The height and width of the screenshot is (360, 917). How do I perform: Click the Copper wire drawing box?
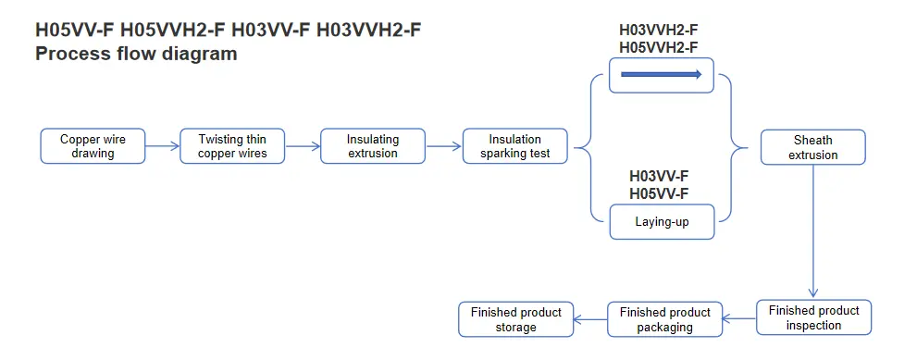point(93,146)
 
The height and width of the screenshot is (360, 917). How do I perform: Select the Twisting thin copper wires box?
point(232,146)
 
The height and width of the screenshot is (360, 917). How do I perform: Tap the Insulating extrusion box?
point(372,146)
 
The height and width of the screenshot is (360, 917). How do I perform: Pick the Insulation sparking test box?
point(515,146)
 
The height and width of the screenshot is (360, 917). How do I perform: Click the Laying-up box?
point(662,222)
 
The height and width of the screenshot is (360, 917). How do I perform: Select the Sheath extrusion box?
point(812,147)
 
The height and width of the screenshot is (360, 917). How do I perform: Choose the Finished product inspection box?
point(813,317)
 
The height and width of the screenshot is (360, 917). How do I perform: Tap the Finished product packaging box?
point(664,319)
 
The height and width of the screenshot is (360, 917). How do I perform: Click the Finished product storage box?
point(515,319)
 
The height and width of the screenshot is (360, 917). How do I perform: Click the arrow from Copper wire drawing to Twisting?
point(162,146)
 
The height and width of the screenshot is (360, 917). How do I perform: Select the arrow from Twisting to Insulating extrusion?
point(303,146)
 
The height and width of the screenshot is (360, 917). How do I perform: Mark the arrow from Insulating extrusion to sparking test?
point(444,146)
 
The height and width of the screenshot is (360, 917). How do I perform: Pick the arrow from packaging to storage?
point(589,319)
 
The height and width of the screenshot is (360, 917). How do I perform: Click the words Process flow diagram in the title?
point(136,54)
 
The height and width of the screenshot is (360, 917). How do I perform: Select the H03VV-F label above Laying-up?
point(659,176)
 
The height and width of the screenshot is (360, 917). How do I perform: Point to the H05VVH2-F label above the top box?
point(658,47)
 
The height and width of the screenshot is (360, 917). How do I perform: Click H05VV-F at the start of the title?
point(75,30)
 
